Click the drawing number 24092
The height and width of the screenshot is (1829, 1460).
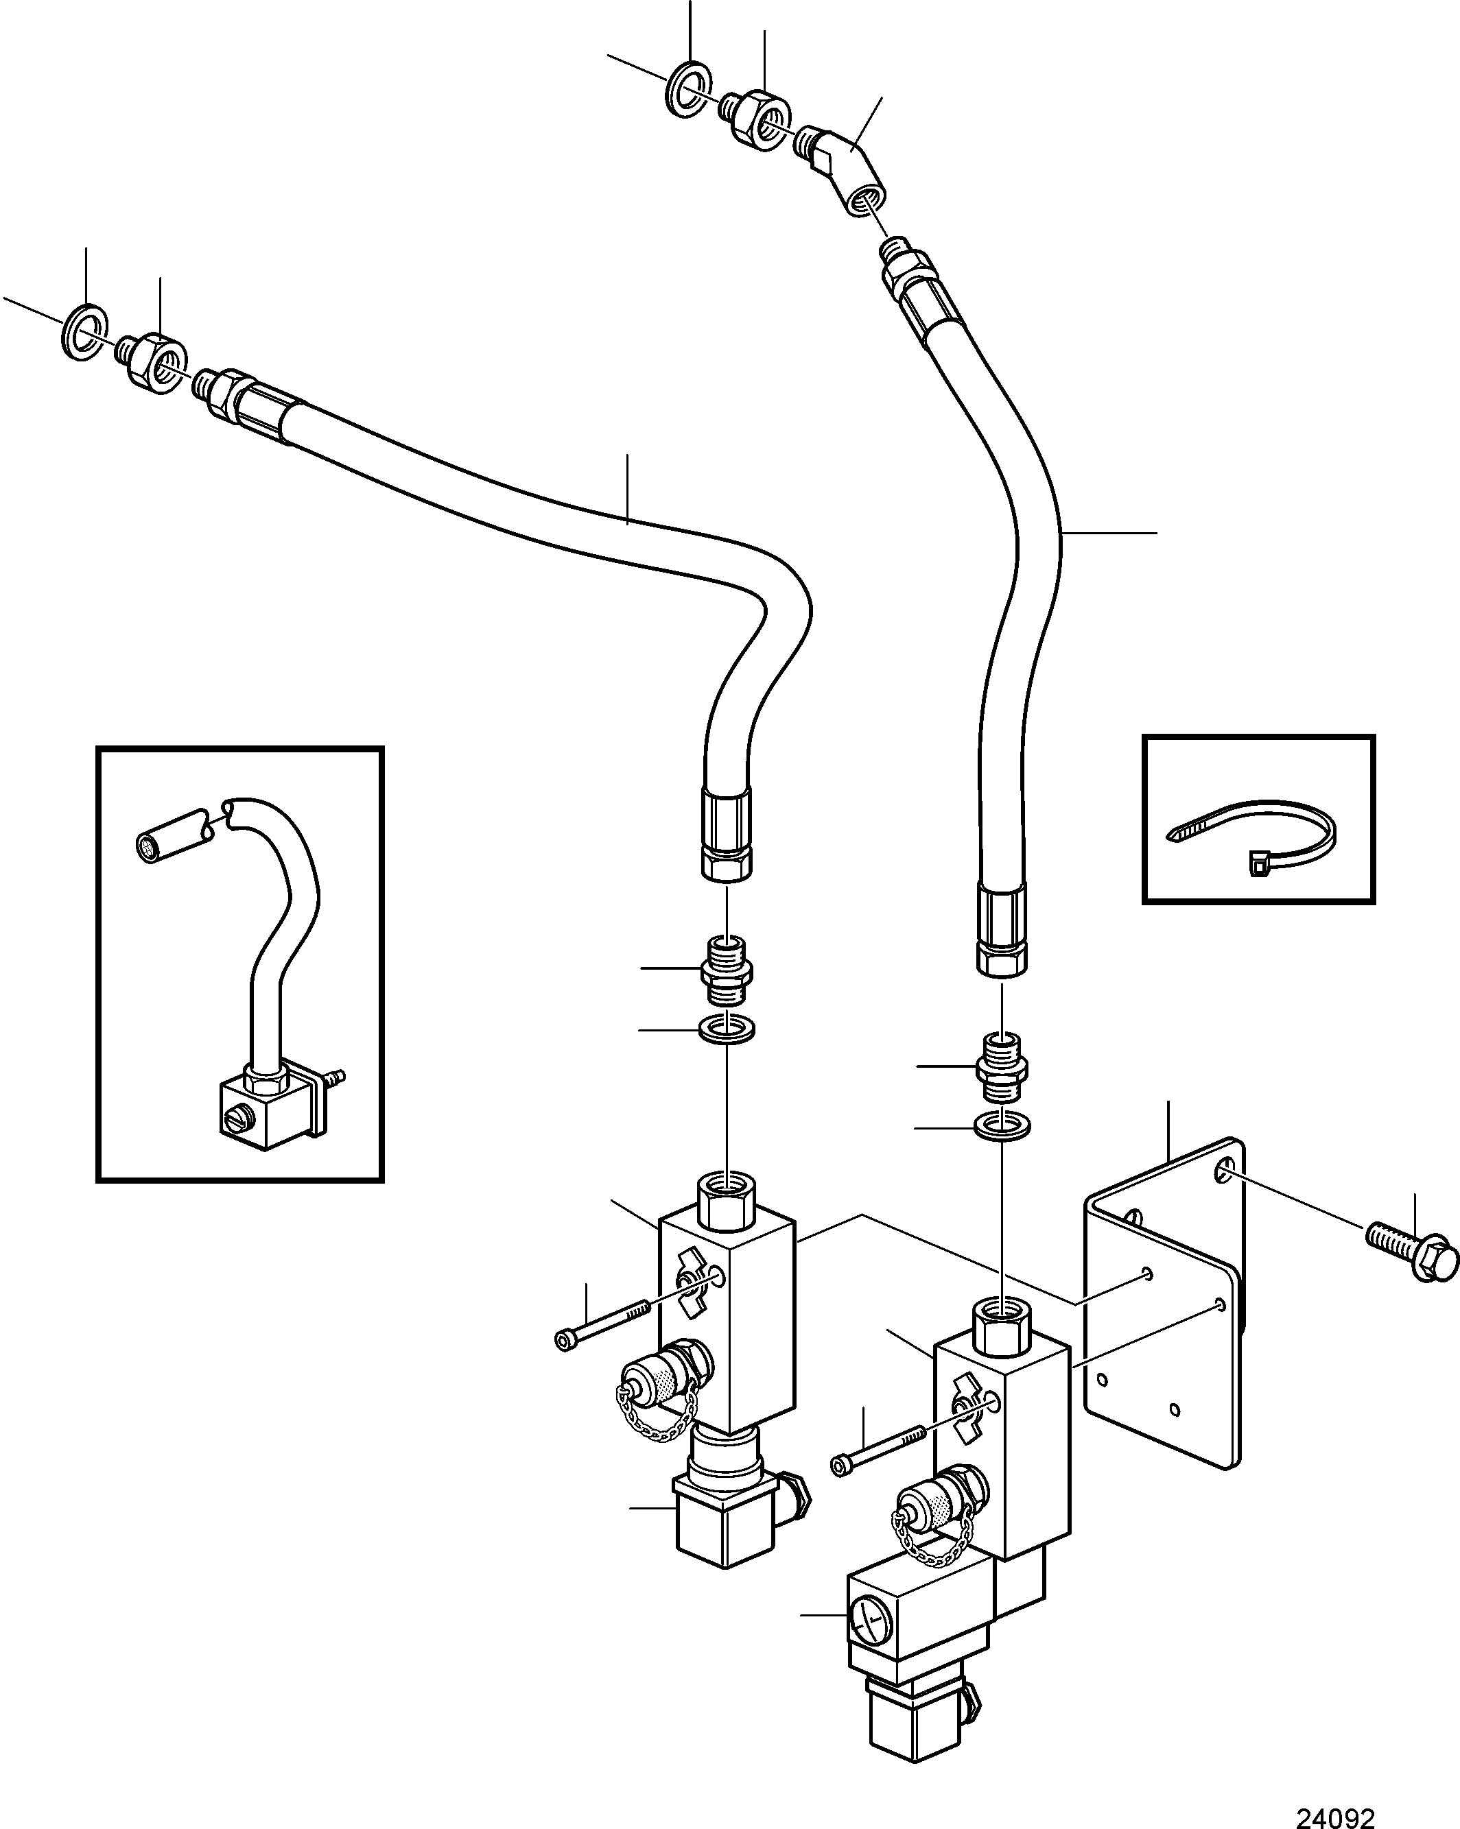coord(1334,1812)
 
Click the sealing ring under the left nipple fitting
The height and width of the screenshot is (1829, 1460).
coord(727,1031)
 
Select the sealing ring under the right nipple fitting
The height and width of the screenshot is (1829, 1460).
coord(1002,1127)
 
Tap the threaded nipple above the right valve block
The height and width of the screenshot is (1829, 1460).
coord(1002,1063)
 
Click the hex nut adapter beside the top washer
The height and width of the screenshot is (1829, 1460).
coord(755,119)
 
